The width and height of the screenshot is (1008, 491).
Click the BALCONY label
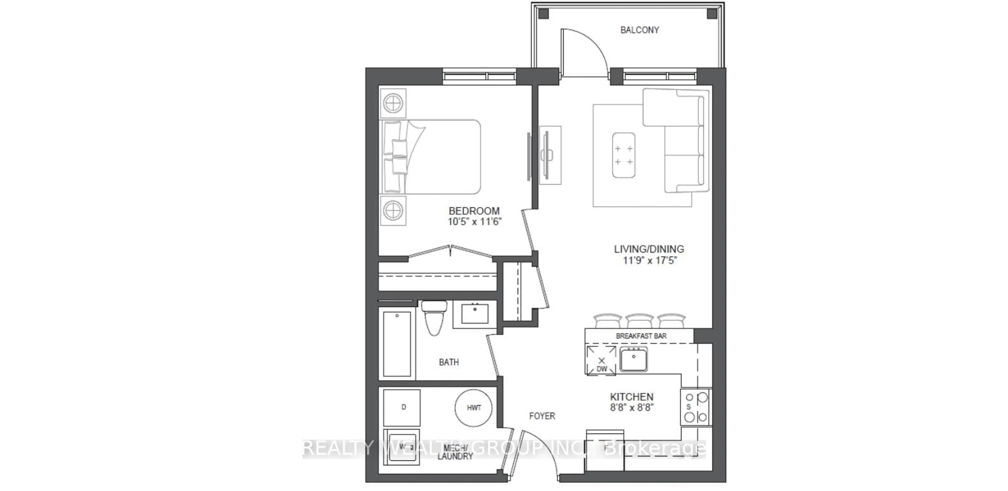[x=639, y=30]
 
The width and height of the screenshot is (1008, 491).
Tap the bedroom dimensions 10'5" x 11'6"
[x=474, y=222]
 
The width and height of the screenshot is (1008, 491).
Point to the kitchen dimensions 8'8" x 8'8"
[x=632, y=408]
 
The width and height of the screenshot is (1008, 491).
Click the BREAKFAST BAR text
[x=641, y=336]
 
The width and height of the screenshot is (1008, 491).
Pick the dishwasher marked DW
[x=601, y=360]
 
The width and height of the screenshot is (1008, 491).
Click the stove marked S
[x=696, y=407]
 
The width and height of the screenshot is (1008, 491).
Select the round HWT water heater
[x=474, y=408]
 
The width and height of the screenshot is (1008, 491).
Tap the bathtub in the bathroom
[x=397, y=344]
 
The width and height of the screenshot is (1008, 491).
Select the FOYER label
[x=542, y=416]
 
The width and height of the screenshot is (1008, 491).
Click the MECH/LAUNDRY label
[x=455, y=452]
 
